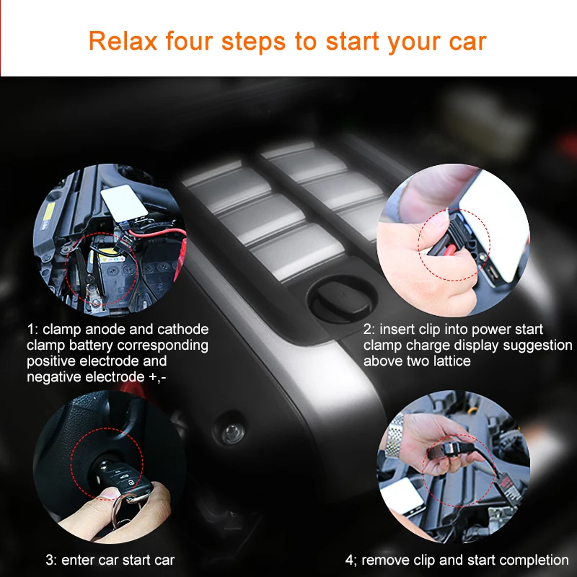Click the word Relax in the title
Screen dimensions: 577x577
click(123, 41)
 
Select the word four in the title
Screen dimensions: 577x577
click(189, 41)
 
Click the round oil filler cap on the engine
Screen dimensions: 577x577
click(342, 299)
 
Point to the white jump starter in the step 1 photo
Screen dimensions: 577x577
click(124, 203)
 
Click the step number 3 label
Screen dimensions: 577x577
click(51, 560)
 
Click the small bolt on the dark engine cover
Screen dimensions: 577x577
click(232, 433)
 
